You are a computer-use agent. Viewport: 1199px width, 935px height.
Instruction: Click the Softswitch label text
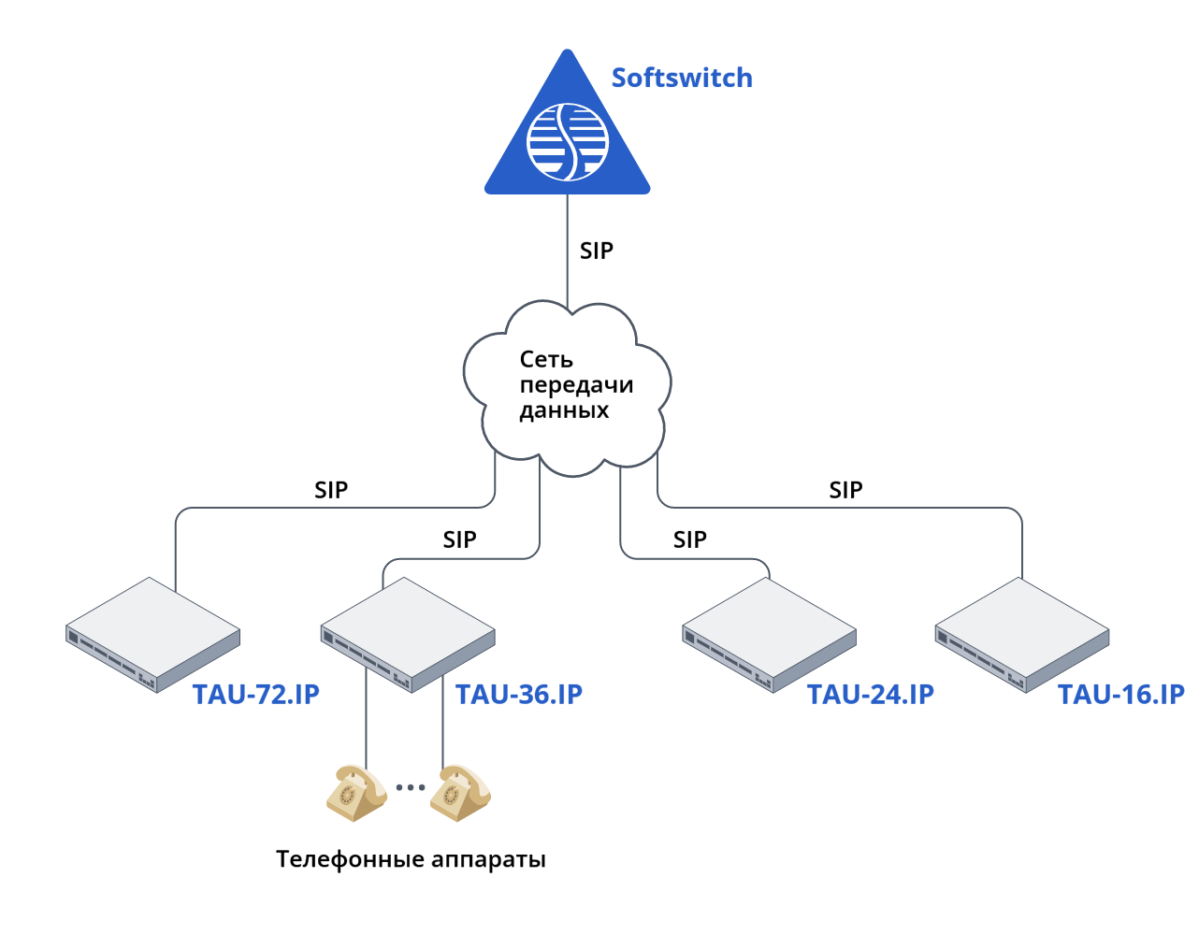tap(682, 78)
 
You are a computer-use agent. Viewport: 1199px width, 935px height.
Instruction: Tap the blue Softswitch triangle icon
tap(567, 140)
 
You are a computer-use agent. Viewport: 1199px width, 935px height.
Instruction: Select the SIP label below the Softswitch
tap(597, 251)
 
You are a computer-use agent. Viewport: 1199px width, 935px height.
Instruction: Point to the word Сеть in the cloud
tap(546, 359)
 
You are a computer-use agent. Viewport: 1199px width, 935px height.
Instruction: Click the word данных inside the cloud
tap(564, 410)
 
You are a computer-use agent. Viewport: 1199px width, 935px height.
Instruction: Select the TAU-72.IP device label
tap(256, 695)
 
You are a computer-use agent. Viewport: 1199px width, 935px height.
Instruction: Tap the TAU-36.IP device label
tap(519, 695)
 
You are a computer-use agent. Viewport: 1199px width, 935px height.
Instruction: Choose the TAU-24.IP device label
tap(871, 695)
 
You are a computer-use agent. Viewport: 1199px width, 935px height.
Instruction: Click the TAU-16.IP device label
tap(1121, 695)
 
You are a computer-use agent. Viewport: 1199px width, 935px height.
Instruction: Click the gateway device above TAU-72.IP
tap(153, 633)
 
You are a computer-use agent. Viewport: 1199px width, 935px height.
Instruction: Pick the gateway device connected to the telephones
tap(408, 633)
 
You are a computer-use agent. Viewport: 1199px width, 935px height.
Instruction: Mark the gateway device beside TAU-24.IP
tap(770, 633)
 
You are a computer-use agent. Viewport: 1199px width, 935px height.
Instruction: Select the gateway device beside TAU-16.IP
tap(1022, 633)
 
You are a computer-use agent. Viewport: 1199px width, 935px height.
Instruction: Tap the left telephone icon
tap(355, 793)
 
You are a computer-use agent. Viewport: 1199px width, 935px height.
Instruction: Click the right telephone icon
tap(460, 793)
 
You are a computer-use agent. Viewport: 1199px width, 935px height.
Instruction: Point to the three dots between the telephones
tap(410, 787)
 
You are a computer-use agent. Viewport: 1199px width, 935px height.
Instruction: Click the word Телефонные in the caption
tap(350, 859)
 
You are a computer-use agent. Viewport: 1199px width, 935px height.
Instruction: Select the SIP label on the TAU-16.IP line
tap(845, 490)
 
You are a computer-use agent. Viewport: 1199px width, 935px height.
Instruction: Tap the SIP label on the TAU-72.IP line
tap(331, 490)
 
